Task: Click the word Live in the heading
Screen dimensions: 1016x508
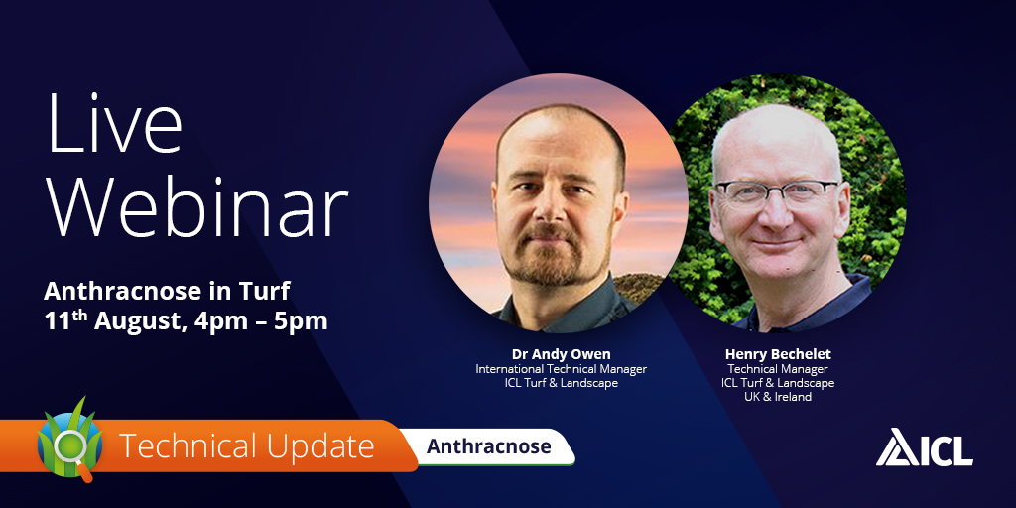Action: (x=114, y=124)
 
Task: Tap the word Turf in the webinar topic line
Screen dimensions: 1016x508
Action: (x=266, y=292)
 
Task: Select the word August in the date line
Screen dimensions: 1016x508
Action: (x=137, y=321)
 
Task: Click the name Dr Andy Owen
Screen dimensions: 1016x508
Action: (x=562, y=354)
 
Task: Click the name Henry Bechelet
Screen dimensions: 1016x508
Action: (x=778, y=354)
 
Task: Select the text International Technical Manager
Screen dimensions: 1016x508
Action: (x=562, y=369)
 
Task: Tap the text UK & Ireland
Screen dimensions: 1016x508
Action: (x=778, y=397)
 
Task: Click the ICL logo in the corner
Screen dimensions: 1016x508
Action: (x=924, y=447)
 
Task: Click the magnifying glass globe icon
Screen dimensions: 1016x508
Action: (x=70, y=441)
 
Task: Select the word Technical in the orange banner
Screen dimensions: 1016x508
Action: (x=183, y=446)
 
